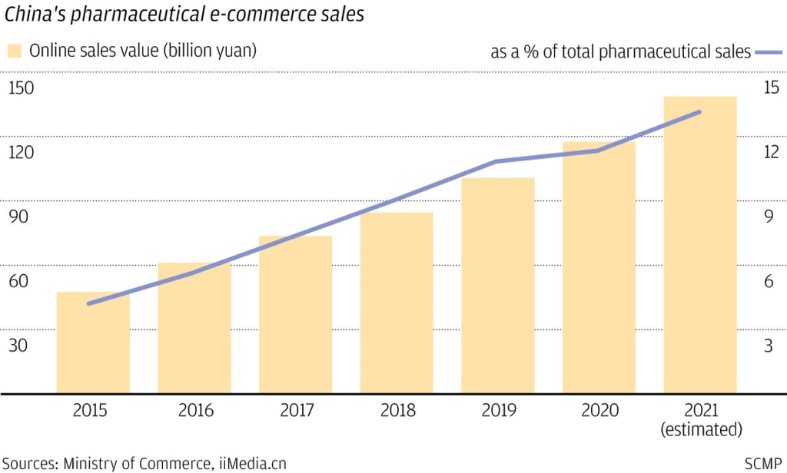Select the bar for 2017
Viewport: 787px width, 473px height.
[x=295, y=315]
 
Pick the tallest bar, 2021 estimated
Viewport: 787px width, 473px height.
[x=699, y=245]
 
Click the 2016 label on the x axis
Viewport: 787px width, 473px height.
[x=194, y=411]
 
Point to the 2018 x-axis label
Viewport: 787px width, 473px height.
[x=397, y=411]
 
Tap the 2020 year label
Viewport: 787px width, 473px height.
[x=599, y=411]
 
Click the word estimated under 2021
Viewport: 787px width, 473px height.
[x=700, y=428]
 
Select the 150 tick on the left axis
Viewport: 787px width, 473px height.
[x=22, y=88]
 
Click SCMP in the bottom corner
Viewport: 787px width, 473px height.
[x=763, y=463]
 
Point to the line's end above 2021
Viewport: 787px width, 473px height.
[x=700, y=112]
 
